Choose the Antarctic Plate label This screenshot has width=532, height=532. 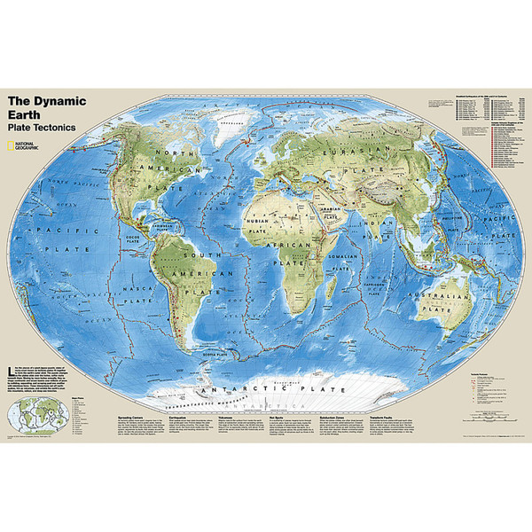pyautogui.click(x=266, y=365)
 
